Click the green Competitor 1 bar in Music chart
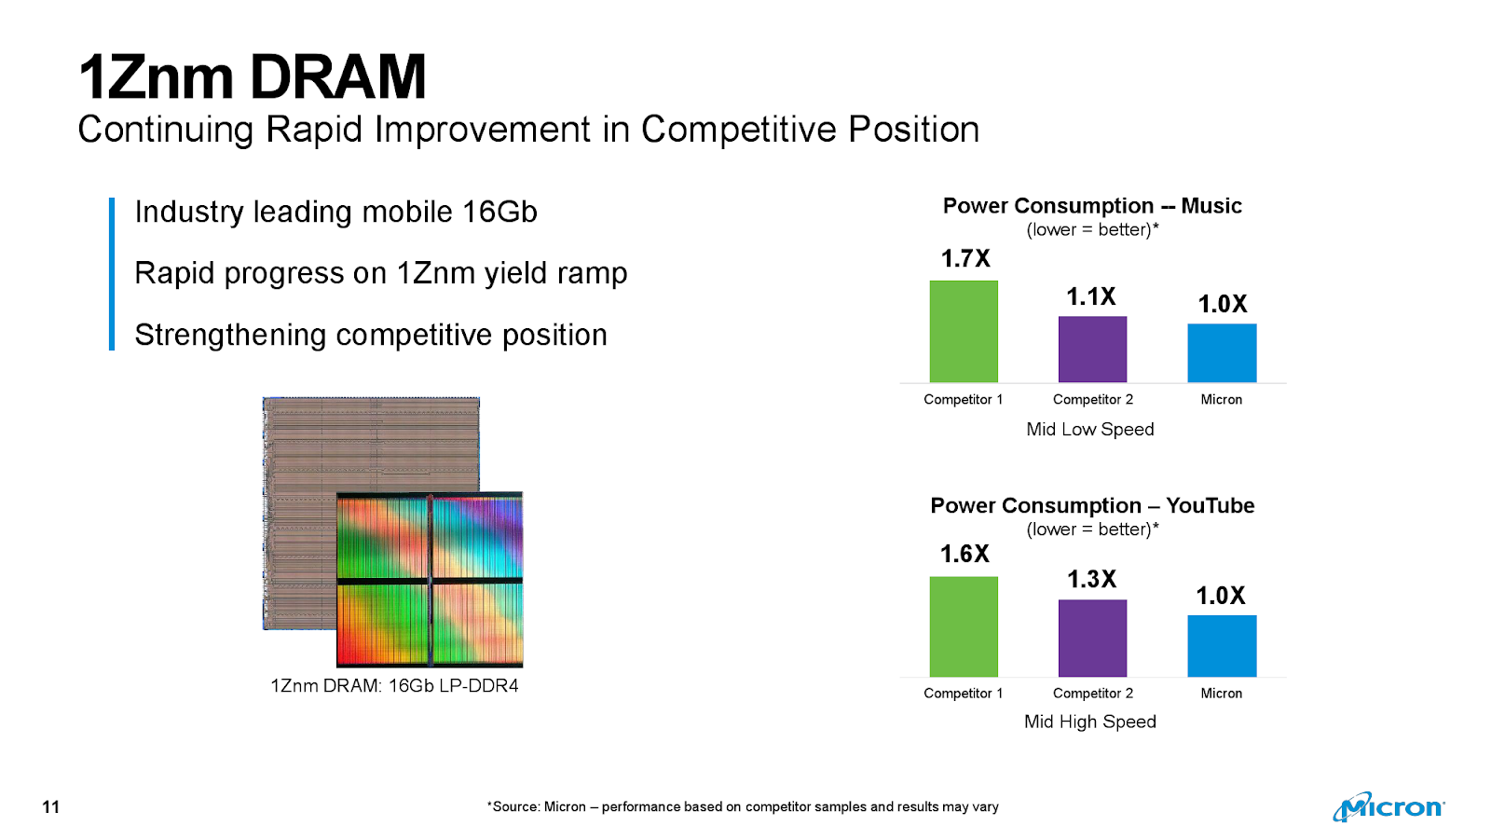click(964, 331)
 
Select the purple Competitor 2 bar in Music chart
click(1092, 350)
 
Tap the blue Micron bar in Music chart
click(1222, 353)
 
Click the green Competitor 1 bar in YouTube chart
click(964, 626)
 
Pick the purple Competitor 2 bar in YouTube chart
click(1092, 638)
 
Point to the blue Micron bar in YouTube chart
click(1222, 646)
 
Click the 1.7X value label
click(965, 258)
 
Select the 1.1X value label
click(1091, 296)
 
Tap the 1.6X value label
click(964, 554)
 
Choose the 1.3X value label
click(1091, 579)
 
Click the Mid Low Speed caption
click(1090, 429)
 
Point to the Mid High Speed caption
click(1090, 722)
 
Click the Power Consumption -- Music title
click(1092, 205)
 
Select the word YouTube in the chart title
click(1210, 505)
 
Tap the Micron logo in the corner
click(1388, 806)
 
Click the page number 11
click(51, 806)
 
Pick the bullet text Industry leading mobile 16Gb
click(335, 212)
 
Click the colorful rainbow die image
click(430, 580)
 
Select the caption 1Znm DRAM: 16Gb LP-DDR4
click(394, 685)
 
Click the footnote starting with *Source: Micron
click(743, 806)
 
